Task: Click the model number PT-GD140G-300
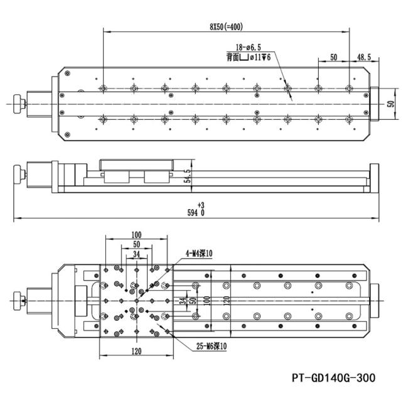(333, 378)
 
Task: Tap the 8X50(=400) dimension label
(227, 27)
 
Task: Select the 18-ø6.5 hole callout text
(248, 47)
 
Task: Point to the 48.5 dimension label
(364, 57)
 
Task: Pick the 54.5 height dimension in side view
(187, 176)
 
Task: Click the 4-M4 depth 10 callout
(199, 253)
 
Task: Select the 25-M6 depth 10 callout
(212, 346)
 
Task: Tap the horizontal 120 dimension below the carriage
(136, 352)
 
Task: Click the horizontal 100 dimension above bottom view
(136, 235)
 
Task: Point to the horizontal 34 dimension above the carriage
(137, 254)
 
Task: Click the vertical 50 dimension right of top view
(390, 104)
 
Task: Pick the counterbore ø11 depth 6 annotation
(249, 57)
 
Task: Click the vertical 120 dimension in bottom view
(227, 301)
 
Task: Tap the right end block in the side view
(374, 178)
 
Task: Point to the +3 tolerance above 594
(201, 205)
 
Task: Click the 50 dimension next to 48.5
(333, 57)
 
